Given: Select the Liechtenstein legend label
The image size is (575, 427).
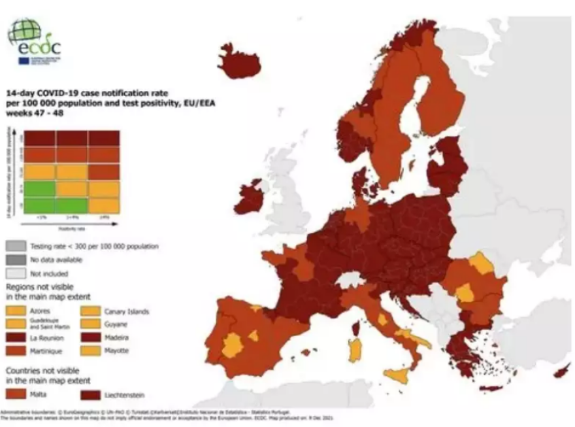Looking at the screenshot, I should (124, 394).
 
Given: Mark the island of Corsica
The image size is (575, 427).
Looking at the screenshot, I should (357, 327).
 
